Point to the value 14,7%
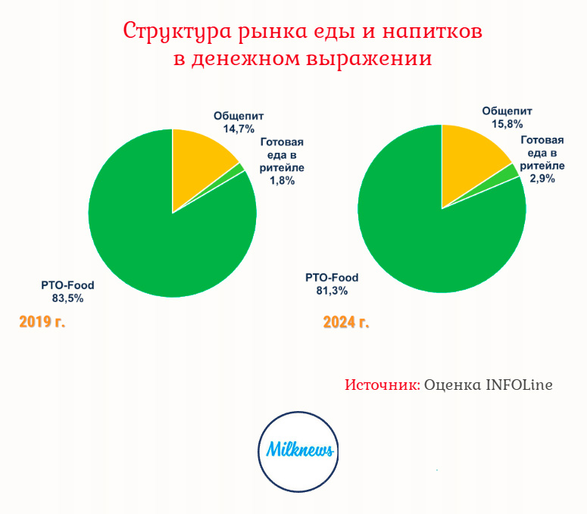[239, 129]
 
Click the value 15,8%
[507, 124]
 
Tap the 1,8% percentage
[283, 181]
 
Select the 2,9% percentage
[542, 179]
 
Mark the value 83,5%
[67, 298]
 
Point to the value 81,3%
[332, 291]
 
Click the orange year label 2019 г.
[42, 322]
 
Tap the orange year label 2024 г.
[346, 322]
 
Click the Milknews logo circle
[298, 451]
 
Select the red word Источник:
[382, 385]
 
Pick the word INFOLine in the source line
[520, 385]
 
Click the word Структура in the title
[176, 32]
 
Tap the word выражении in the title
[369, 59]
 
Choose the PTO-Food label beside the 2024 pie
[332, 278]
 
